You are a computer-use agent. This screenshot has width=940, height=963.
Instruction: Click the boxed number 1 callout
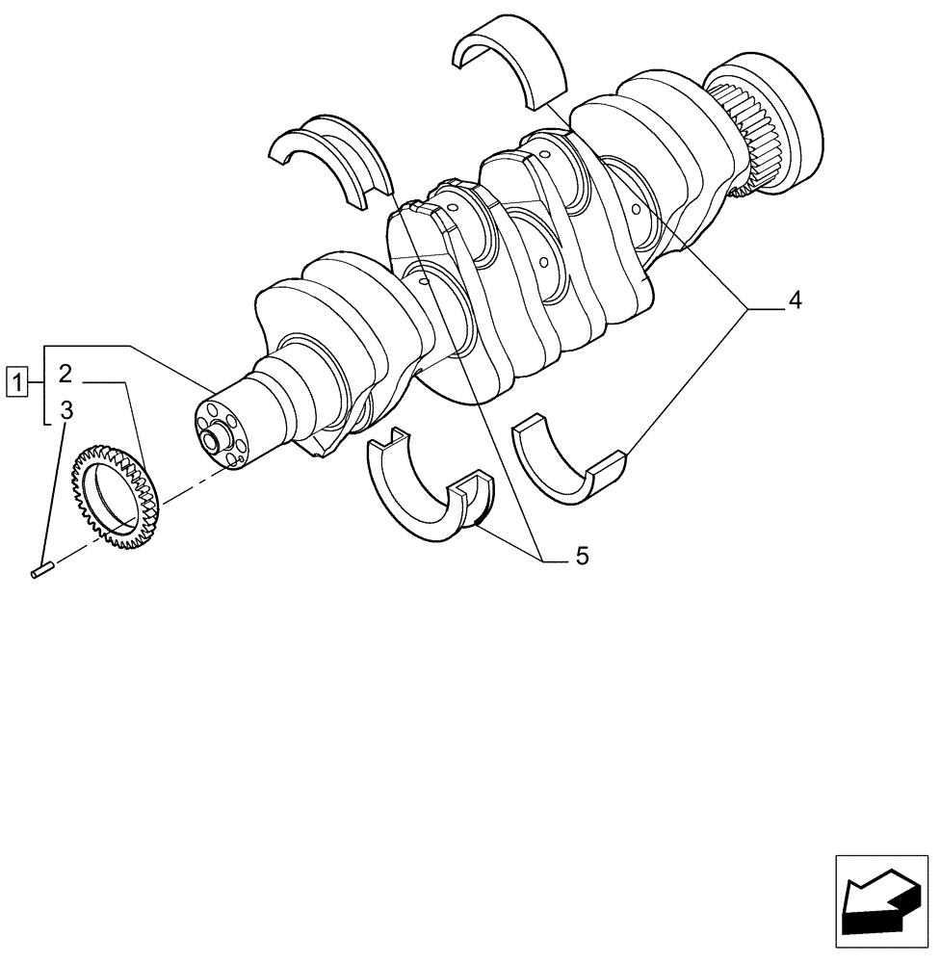coord(15,381)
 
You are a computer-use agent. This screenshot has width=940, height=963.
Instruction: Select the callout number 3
coord(65,411)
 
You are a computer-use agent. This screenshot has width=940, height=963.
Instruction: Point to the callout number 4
coord(794,301)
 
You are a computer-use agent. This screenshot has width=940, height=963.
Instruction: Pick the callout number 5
coord(581,556)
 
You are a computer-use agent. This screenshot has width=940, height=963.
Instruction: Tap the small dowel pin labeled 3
coord(40,572)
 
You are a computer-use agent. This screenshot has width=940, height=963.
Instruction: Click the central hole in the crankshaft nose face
coord(207,442)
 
